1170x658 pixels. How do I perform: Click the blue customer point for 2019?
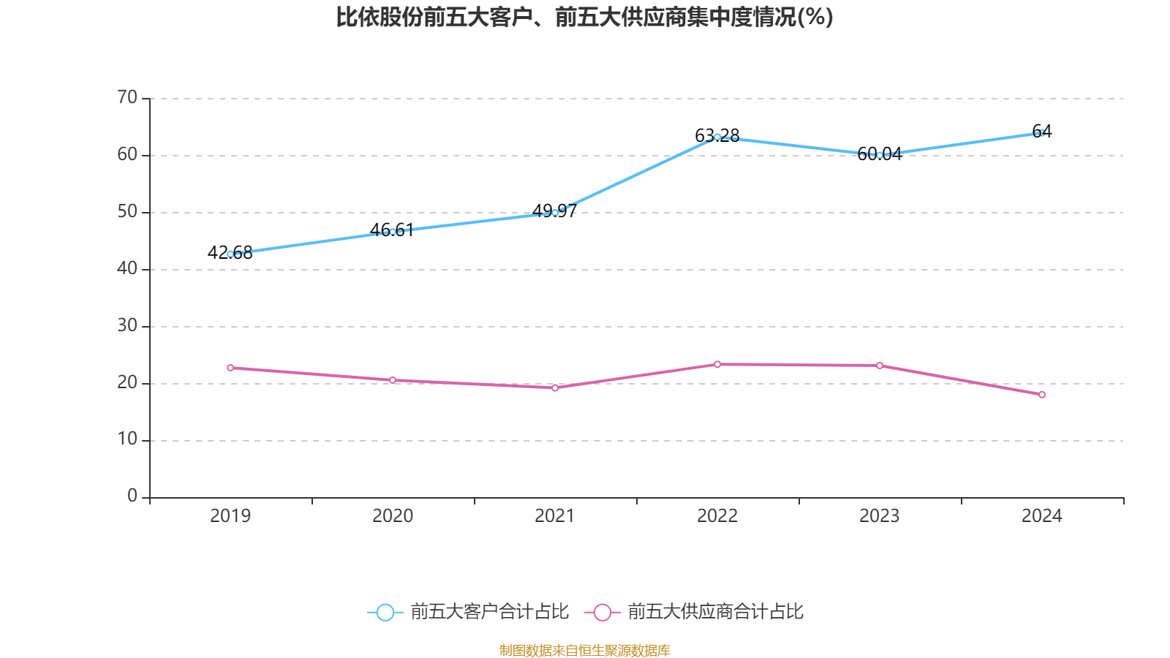[x=230, y=254]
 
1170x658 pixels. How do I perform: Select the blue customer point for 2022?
[x=717, y=137]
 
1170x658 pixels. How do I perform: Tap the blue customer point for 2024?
[x=1042, y=132]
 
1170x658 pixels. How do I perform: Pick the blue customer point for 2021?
[x=555, y=213]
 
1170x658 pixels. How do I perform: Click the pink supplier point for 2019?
[x=230, y=368]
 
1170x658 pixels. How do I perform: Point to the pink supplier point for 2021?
[x=555, y=387]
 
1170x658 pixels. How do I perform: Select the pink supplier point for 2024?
[x=1042, y=395]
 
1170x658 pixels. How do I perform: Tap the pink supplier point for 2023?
[x=880, y=366]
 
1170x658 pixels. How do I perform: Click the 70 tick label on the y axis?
[x=127, y=97]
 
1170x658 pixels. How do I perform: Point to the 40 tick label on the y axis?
[x=127, y=268]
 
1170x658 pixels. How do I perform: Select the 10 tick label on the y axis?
[x=127, y=439]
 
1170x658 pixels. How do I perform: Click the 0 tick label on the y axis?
[x=132, y=496]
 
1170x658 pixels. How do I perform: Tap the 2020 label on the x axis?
[x=393, y=516]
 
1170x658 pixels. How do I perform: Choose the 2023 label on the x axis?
[x=880, y=516]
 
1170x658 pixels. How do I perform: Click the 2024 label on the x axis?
[x=1042, y=516]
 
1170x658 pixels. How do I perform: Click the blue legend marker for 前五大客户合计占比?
[x=385, y=612]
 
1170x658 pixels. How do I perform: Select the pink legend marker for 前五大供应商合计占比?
[x=602, y=612]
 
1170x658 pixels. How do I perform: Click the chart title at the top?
[x=584, y=17]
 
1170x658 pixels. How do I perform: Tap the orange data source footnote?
[x=584, y=650]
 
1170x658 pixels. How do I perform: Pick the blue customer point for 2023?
[x=880, y=155]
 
